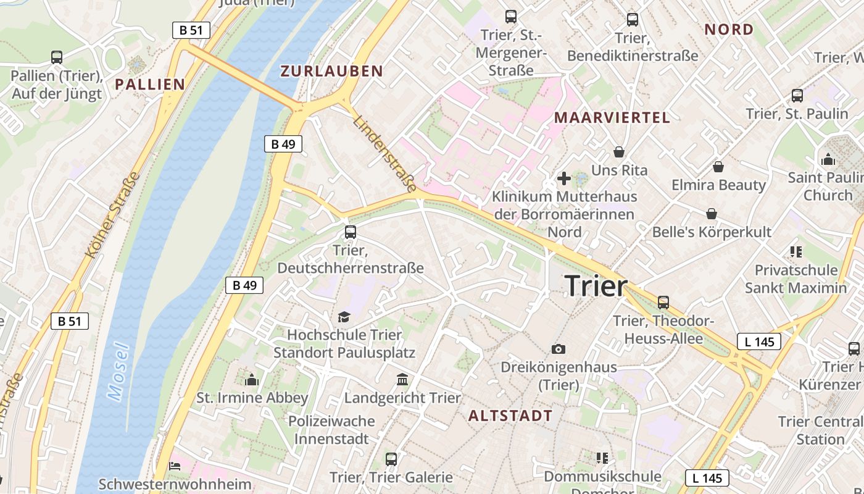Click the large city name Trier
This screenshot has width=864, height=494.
596,286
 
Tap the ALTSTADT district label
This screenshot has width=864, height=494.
510,416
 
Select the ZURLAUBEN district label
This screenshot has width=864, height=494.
332,71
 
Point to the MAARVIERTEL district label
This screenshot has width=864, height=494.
612,118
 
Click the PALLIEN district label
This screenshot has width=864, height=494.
150,85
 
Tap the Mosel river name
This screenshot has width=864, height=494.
119,372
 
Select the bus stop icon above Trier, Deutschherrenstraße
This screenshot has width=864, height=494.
351,232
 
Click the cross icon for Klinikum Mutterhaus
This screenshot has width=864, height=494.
564,179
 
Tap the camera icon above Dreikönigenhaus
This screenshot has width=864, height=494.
559,350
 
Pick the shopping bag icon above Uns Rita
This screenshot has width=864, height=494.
619,152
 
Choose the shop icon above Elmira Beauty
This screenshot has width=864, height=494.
718,167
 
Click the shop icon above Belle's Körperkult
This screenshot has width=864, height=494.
712,214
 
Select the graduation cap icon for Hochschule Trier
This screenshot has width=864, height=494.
344,317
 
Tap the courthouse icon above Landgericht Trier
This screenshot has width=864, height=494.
402,379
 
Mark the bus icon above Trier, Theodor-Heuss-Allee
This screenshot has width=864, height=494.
663,303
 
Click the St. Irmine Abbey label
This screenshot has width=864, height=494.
252,398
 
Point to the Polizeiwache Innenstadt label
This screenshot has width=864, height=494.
332,430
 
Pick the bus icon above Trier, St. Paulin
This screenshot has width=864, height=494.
797,96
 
